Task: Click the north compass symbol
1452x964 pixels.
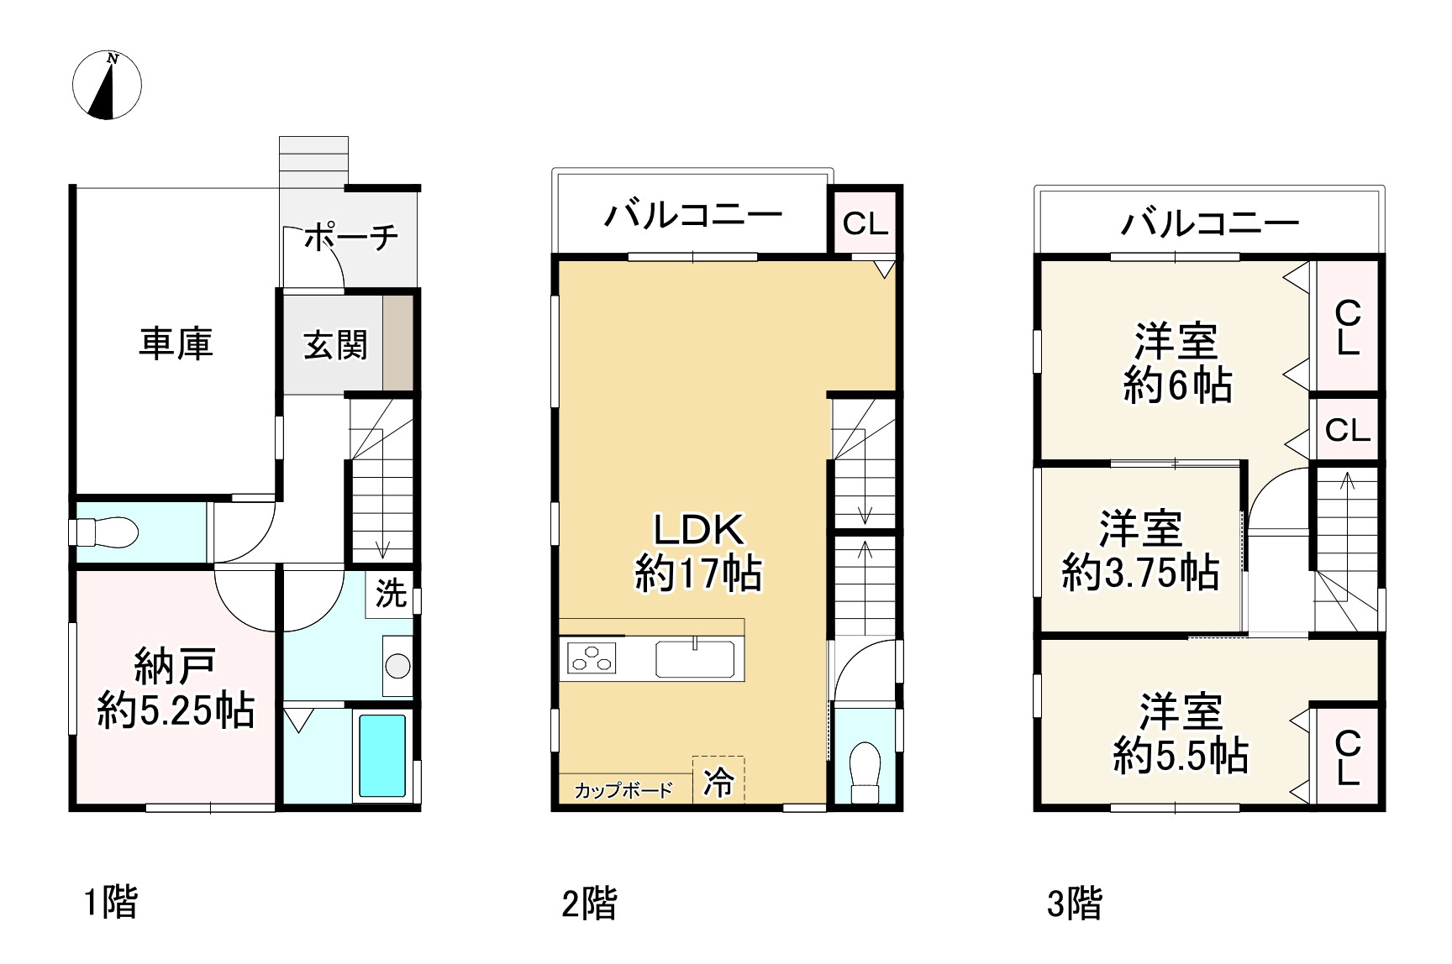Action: [x=107, y=85]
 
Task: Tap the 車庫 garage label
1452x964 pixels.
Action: [x=176, y=343]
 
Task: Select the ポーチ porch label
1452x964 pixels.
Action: [x=350, y=238]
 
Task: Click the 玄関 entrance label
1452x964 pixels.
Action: [x=335, y=344]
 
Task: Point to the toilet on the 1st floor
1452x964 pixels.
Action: [x=107, y=532]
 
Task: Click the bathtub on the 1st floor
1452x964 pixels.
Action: [x=382, y=755]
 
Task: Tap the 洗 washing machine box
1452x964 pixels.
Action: [x=391, y=594]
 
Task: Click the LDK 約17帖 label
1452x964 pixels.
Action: [x=698, y=553]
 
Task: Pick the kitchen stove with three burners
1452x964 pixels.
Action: [x=592, y=657]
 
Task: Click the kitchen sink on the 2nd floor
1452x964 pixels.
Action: [x=695, y=658]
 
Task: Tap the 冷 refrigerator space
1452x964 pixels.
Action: [x=718, y=781]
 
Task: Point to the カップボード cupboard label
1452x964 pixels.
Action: [x=623, y=790]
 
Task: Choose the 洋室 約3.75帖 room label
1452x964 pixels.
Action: [x=1140, y=551]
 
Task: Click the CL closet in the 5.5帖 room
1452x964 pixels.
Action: [x=1347, y=757]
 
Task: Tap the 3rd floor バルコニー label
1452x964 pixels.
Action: [x=1209, y=223]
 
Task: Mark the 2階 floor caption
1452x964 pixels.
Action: [x=589, y=904]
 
